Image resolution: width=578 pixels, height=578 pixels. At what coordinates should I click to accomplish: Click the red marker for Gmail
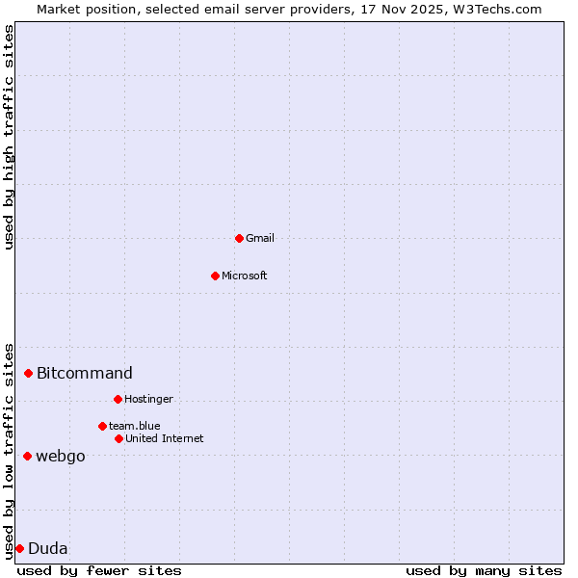[x=239, y=238]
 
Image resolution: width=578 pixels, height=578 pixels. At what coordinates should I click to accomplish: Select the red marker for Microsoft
[x=215, y=276]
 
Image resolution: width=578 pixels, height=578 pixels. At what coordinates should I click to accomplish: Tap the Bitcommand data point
[x=29, y=373]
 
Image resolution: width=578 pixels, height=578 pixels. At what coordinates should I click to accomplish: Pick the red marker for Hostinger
[x=118, y=399]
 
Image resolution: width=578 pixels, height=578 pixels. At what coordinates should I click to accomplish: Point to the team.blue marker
[x=102, y=426]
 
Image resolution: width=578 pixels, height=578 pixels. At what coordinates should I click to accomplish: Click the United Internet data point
[x=118, y=438]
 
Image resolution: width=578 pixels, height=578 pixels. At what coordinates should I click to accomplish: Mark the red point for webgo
[x=27, y=456]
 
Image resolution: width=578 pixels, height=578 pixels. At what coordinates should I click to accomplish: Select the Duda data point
[x=19, y=548]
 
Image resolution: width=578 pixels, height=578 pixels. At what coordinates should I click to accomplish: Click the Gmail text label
[x=260, y=238]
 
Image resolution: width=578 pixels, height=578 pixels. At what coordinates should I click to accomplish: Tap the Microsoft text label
[x=245, y=276]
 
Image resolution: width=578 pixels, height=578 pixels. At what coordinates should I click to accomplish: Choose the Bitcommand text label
[x=85, y=373]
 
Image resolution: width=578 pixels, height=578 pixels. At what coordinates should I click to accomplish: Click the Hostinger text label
[x=148, y=399]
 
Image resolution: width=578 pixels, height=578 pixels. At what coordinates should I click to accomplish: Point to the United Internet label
[x=165, y=438]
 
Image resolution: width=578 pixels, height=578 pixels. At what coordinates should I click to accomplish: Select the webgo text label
[x=61, y=456]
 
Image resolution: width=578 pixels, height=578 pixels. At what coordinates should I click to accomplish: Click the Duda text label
[x=48, y=548]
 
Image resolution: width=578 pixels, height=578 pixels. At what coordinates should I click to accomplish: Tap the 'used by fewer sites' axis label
[x=99, y=570]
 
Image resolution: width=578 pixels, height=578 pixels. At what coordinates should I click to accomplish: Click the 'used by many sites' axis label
[x=484, y=570]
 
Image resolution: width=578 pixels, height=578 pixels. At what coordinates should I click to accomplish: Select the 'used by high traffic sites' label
[x=10, y=137]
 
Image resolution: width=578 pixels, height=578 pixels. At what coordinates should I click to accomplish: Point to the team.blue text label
[x=135, y=426]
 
